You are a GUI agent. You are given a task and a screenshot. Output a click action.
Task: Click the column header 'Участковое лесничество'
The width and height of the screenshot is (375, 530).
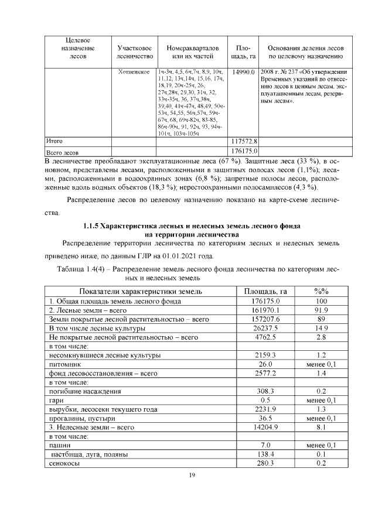pos(135,52)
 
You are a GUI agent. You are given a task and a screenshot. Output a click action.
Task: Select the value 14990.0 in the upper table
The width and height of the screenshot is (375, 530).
pos(243,71)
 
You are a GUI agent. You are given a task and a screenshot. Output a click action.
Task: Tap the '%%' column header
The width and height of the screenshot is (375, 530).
pos(321,290)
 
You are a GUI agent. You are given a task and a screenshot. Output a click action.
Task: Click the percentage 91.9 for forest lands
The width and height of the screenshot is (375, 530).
pos(321,309)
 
